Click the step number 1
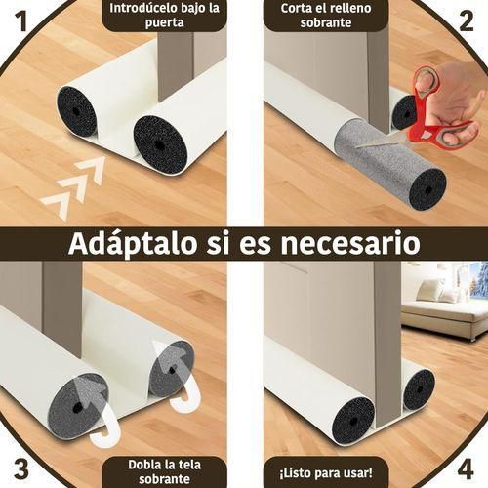(x=20, y=20)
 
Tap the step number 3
(x=20, y=467)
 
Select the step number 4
(x=466, y=467)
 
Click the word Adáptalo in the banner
(x=126, y=243)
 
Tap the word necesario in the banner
(x=350, y=243)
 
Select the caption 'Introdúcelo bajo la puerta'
(x=163, y=16)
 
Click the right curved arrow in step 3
(x=174, y=376)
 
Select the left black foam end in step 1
(x=76, y=111)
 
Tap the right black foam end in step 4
(x=419, y=388)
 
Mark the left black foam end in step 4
(x=352, y=420)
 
